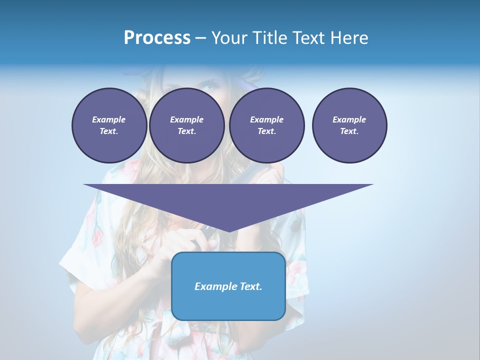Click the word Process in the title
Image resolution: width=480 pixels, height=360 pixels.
(x=157, y=38)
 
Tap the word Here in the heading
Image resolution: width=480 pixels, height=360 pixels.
(x=348, y=38)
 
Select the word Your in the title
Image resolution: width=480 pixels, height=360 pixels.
(x=229, y=38)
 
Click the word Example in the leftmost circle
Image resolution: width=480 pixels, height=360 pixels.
(x=109, y=119)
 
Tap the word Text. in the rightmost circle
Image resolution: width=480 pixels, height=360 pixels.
(x=349, y=131)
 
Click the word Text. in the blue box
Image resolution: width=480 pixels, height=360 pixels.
(x=250, y=286)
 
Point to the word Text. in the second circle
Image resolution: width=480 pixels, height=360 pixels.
(x=186, y=131)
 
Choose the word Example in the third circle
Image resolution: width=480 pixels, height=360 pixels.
(x=266, y=119)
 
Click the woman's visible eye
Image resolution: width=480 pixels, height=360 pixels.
(x=208, y=86)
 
